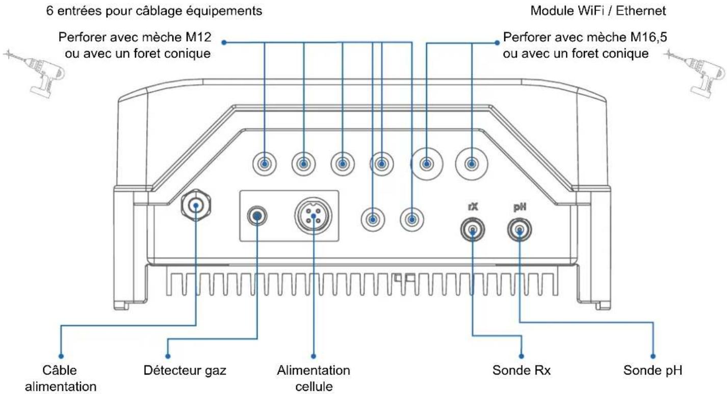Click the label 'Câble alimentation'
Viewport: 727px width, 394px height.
(61, 378)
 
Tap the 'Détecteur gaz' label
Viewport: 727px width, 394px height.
(185, 371)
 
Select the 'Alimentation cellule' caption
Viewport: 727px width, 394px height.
(314, 378)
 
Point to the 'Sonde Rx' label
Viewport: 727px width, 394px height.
(522, 371)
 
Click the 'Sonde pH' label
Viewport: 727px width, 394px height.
(653, 371)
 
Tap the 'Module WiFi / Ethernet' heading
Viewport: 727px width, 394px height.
(598, 11)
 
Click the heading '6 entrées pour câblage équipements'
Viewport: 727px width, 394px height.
(154, 11)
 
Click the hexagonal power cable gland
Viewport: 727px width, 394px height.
(196, 205)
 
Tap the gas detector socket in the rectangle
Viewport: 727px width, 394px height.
(257, 216)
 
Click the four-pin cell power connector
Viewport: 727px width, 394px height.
(314, 216)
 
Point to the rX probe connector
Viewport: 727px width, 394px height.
(473, 230)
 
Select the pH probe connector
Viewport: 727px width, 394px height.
(520, 230)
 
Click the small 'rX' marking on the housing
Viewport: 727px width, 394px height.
(473, 206)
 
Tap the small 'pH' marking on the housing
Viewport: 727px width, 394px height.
(520, 207)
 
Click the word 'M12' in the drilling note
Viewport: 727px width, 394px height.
(198, 37)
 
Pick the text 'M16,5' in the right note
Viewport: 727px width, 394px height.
(648, 37)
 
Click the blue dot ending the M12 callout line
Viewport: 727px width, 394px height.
(224, 42)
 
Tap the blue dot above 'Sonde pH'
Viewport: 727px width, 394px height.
(653, 356)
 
